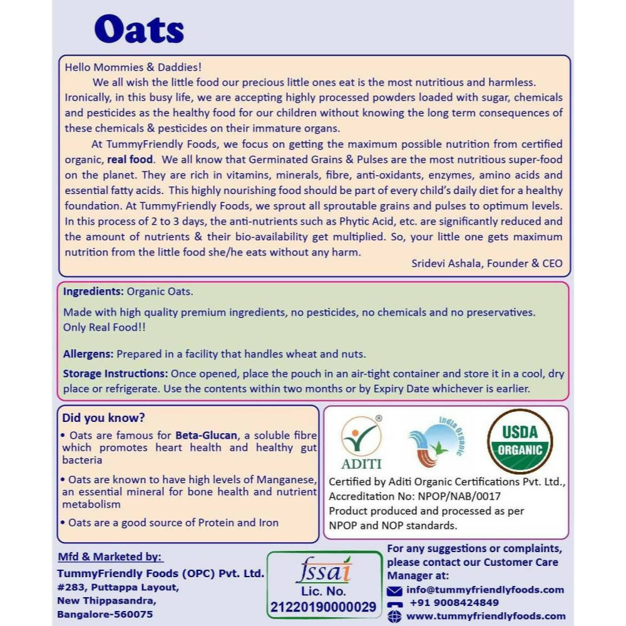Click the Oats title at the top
pyautogui.click(x=139, y=29)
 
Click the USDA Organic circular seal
pyautogui.click(x=520, y=441)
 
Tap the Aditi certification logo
pyautogui.click(x=361, y=442)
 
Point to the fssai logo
pyautogui.click(x=324, y=572)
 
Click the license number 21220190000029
pyautogui.click(x=324, y=607)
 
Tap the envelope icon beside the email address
pyautogui.click(x=394, y=590)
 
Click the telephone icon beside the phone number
pyautogui.click(x=394, y=603)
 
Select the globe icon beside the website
pyautogui.click(x=394, y=617)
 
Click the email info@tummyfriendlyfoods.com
pyautogui.click(x=485, y=590)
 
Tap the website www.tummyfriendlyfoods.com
pyautogui.click(x=486, y=616)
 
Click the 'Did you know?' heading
pyautogui.click(x=103, y=418)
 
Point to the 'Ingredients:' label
pyautogui.click(x=93, y=291)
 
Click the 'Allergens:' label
pyautogui.click(x=88, y=354)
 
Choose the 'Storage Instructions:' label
pyautogui.click(x=115, y=374)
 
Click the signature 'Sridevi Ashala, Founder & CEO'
pyautogui.click(x=486, y=264)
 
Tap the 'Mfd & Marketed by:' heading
pyautogui.click(x=110, y=557)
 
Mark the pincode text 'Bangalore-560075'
pyautogui.click(x=105, y=614)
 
